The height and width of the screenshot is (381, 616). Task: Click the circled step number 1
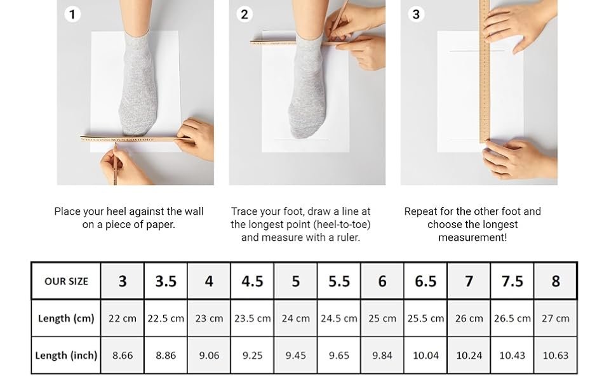[72, 15]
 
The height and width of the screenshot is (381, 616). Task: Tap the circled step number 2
[244, 15]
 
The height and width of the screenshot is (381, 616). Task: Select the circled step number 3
[416, 15]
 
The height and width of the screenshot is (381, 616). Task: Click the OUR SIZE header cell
[66, 281]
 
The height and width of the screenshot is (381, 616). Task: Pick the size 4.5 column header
[252, 281]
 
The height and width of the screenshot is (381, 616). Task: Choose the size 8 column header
[556, 281]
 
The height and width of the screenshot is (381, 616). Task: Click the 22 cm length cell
[122, 318]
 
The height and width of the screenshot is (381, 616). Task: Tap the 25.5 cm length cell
[425, 318]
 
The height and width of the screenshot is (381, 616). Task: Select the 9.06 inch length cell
[209, 355]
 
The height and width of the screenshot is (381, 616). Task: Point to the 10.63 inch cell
[556, 355]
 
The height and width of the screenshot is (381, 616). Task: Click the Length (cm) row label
[66, 318]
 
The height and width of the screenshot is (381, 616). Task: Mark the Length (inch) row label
[66, 355]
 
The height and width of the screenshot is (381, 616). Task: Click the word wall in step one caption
[194, 211]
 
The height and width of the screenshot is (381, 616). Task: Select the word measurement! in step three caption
[472, 237]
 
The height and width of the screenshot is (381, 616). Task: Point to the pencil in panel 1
[115, 164]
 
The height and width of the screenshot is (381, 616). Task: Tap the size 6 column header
[382, 281]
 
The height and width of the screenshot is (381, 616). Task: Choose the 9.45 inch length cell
[295, 355]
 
